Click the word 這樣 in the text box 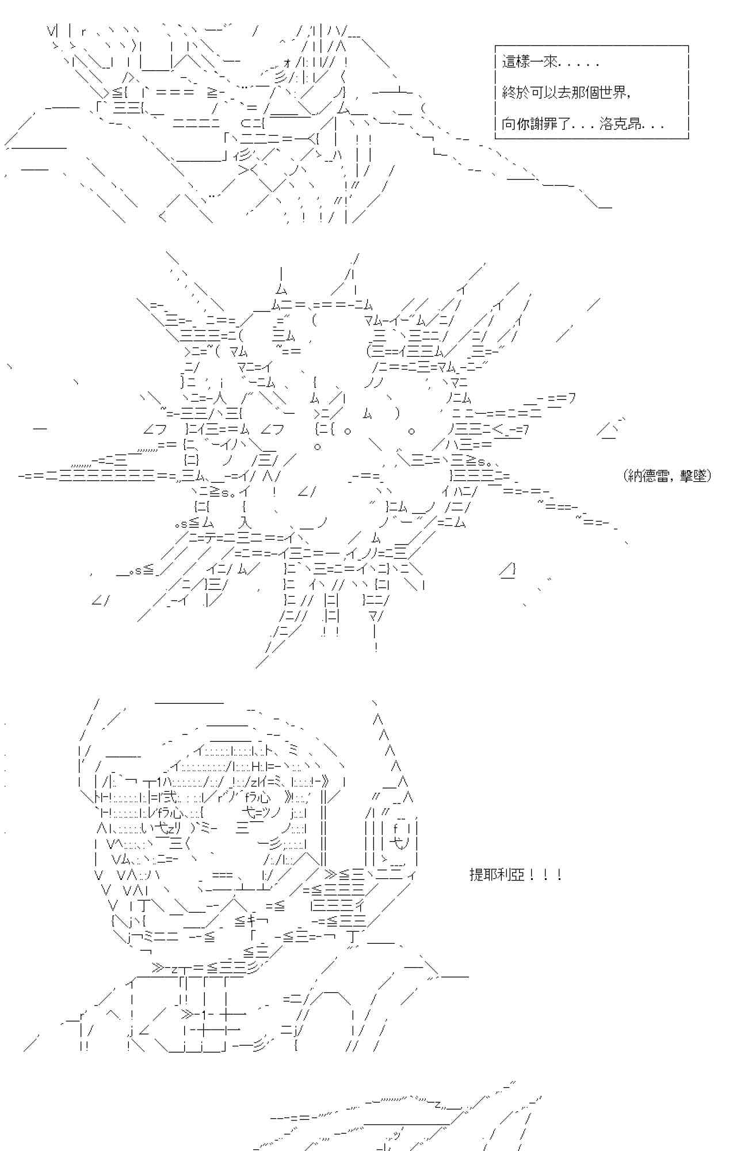point(516,62)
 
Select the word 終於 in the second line point(516,93)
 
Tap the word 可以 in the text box point(544,93)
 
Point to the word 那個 point(586,93)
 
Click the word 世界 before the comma point(614,93)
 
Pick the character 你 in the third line point(523,124)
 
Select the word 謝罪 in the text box point(544,124)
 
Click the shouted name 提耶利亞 point(497,875)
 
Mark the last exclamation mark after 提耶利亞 point(559,875)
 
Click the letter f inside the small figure point(396,829)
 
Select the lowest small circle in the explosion point(318,446)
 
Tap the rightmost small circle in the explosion point(411,431)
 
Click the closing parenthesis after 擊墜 point(709,475)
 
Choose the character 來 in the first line point(551,62)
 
